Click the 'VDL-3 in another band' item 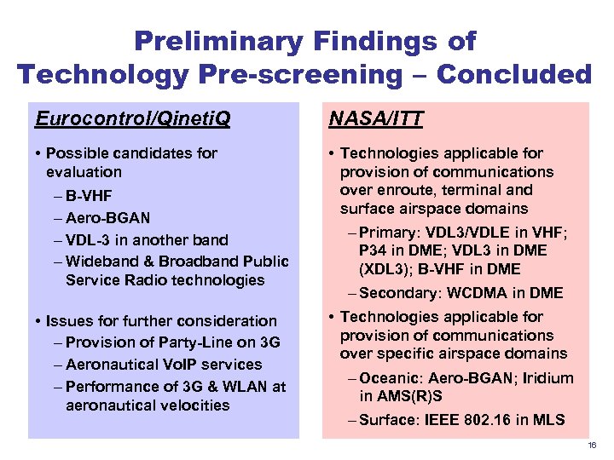147,239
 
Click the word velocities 190,405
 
